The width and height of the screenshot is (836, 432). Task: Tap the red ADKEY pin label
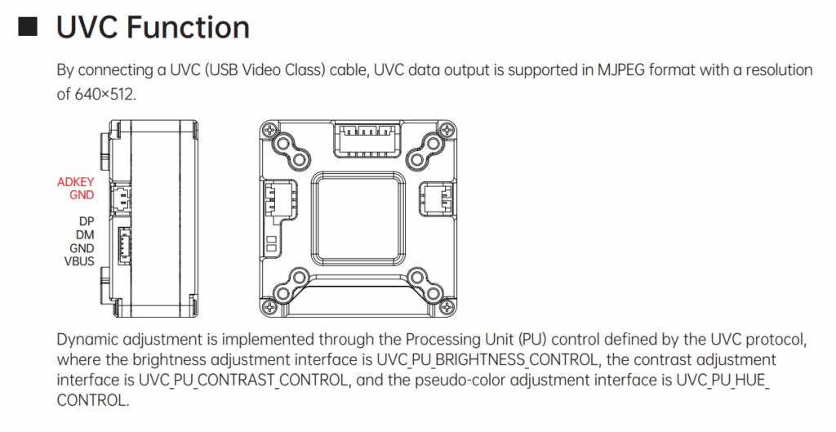click(x=76, y=182)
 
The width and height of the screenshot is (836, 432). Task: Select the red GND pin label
click(x=82, y=195)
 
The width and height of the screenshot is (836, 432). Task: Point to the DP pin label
click(x=87, y=221)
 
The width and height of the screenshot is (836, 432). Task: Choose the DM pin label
click(x=86, y=234)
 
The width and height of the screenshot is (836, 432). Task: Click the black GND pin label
click(x=82, y=248)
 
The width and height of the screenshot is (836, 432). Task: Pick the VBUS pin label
click(x=79, y=261)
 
